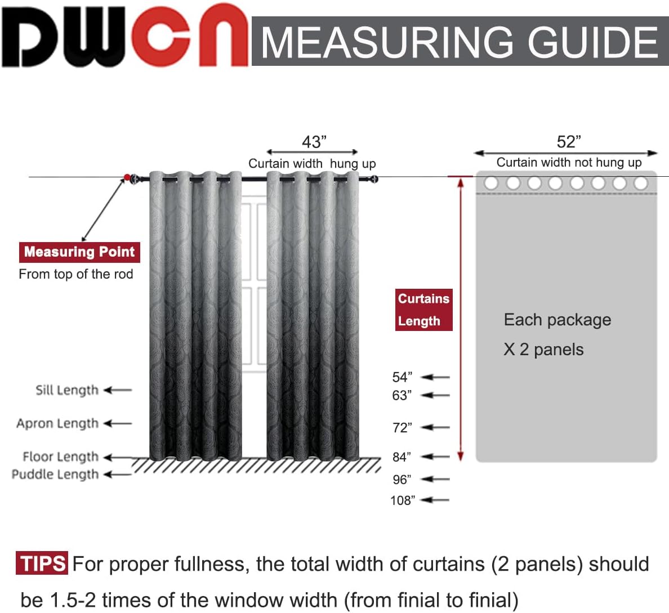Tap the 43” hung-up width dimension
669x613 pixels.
coord(314,142)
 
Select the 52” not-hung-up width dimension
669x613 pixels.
coord(568,142)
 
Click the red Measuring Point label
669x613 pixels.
coord(79,252)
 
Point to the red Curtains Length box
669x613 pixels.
coord(423,310)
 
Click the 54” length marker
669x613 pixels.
coord(402,377)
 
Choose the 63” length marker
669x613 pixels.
coord(402,395)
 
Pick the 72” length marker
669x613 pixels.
coord(402,428)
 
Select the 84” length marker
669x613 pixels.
coord(402,457)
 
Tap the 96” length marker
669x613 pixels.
coord(402,480)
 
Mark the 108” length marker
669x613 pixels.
coord(402,500)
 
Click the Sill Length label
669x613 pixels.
coord(67,390)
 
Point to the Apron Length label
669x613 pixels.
coord(57,423)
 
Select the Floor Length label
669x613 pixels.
coord(60,457)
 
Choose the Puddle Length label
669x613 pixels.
coord(55,475)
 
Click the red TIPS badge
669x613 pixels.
coord(42,563)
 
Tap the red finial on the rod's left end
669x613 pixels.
coord(127,178)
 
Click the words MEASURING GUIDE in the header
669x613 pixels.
coord(459,42)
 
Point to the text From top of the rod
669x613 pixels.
coord(76,274)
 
